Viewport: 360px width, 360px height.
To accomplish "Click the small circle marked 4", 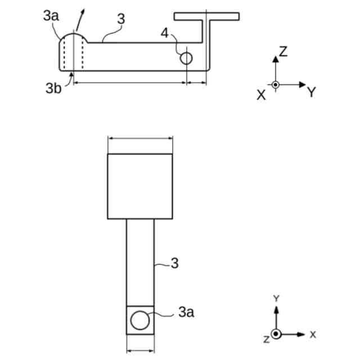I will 186,58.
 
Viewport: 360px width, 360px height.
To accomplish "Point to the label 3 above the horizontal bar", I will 120,19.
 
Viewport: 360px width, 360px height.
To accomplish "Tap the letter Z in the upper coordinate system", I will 283,52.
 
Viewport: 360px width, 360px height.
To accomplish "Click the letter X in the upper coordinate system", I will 261,95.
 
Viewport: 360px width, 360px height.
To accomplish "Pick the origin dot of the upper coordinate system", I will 275,85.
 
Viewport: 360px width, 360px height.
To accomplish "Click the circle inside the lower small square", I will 139,321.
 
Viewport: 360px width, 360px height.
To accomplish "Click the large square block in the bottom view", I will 140,186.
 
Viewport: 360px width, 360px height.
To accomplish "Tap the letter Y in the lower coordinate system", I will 276,298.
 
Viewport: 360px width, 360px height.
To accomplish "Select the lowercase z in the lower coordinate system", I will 266,339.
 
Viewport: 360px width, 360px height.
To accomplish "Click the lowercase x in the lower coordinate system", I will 312,335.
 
